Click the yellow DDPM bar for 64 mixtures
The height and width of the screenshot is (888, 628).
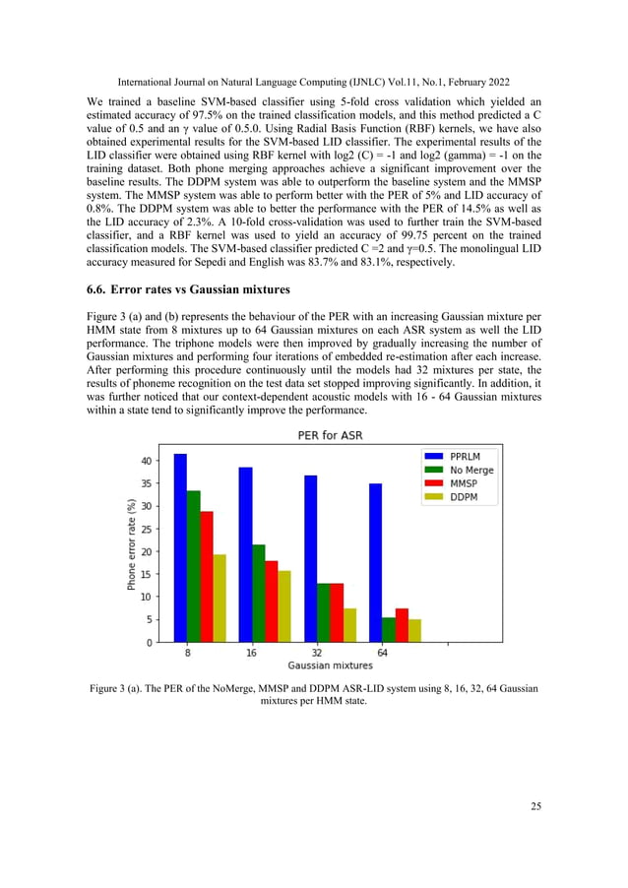[x=413, y=631]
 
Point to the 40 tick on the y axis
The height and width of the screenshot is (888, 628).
[x=145, y=461]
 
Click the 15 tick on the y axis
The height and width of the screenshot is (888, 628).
[x=145, y=574]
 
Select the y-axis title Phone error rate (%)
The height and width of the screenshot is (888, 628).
[x=130, y=544]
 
